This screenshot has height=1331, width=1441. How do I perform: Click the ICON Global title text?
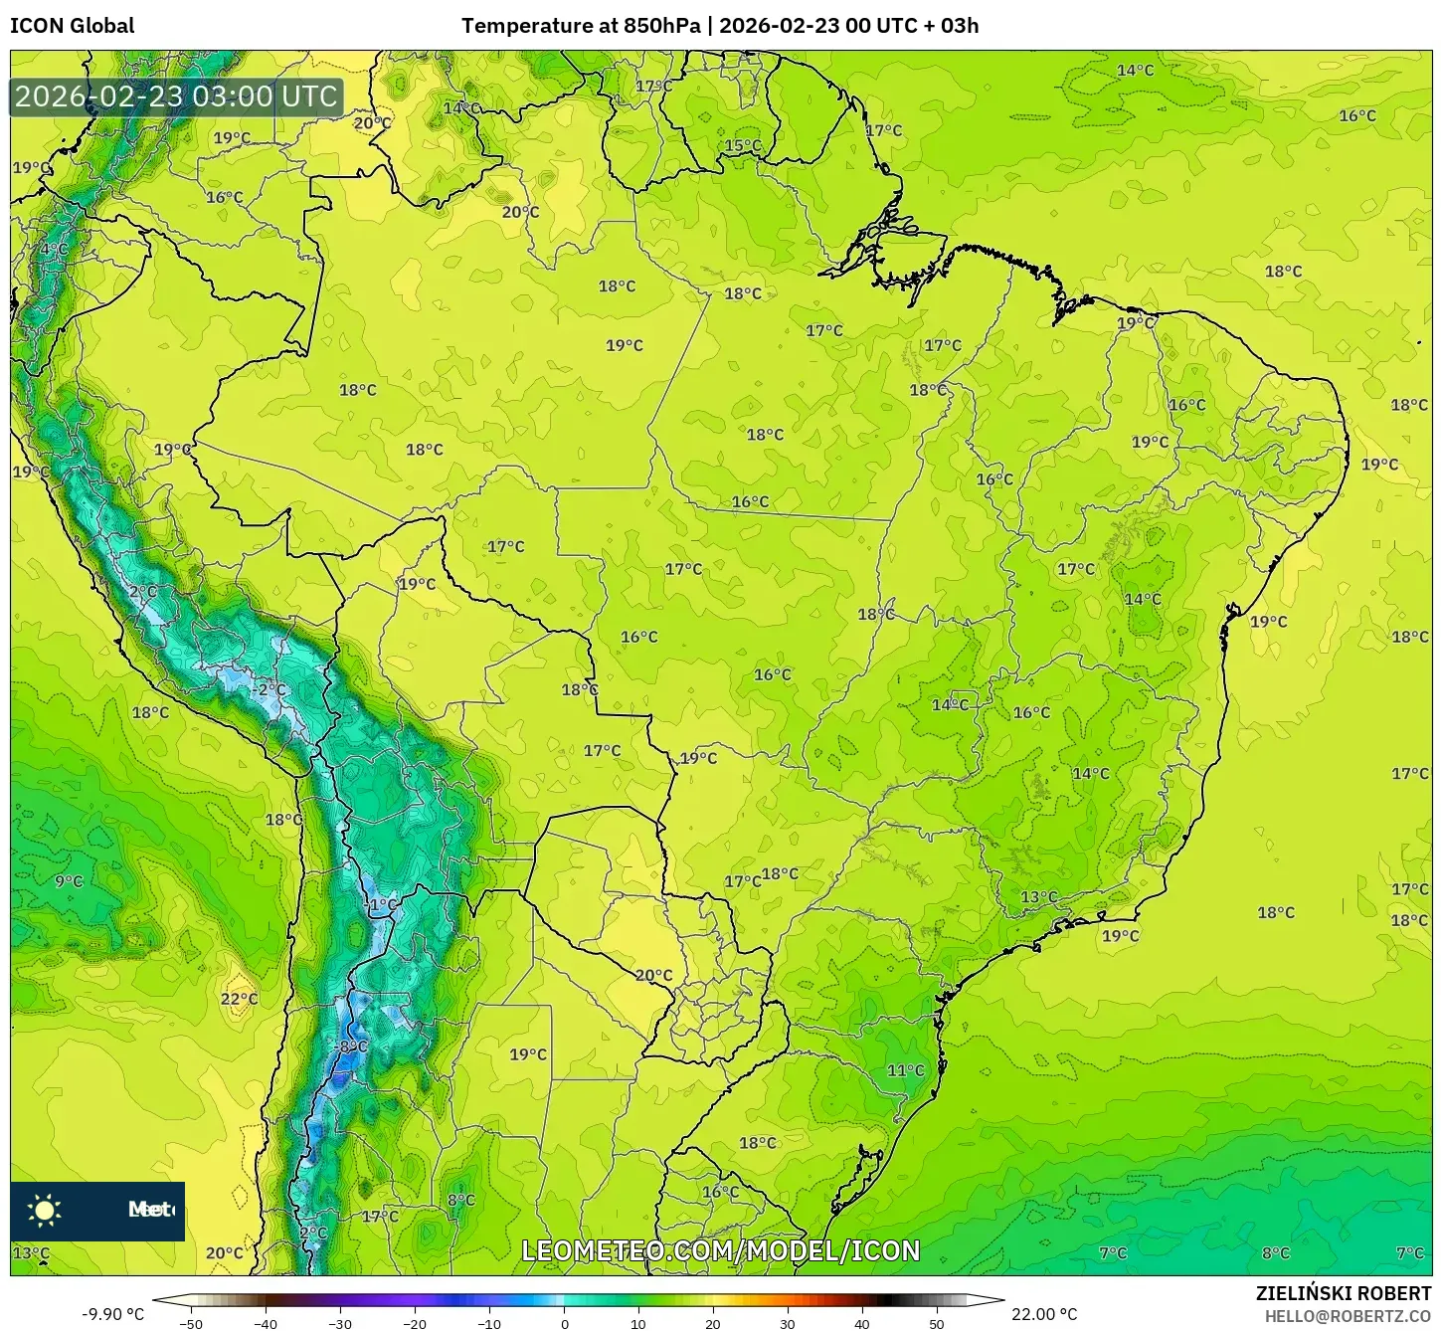[x=73, y=26]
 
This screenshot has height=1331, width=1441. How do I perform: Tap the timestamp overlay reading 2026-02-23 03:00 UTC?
[x=176, y=96]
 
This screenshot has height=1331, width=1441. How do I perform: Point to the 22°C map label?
[x=239, y=999]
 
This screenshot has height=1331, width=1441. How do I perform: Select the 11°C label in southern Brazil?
[x=905, y=1070]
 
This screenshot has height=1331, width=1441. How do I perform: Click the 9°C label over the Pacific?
[x=69, y=881]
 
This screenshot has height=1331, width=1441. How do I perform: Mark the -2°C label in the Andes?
[x=268, y=689]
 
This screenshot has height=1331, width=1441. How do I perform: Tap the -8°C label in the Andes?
[x=352, y=1046]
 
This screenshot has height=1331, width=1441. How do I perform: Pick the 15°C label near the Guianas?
[x=742, y=145]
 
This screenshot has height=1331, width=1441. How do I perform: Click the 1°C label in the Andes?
[x=382, y=905]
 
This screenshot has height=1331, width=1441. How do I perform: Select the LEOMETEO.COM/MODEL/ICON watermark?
[x=721, y=1250]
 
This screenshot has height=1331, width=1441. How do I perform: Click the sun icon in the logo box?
[x=45, y=1210]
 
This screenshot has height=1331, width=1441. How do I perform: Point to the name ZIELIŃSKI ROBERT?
[x=1344, y=1293]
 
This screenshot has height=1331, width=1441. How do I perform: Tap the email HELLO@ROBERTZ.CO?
[x=1348, y=1316]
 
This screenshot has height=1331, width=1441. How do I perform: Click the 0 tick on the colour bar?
[x=564, y=1324]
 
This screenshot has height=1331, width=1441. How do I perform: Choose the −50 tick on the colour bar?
[x=190, y=1324]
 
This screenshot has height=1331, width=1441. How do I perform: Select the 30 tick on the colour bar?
[x=788, y=1324]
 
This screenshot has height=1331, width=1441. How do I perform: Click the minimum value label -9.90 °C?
[x=112, y=1314]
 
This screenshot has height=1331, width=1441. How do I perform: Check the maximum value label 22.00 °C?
[x=1044, y=1314]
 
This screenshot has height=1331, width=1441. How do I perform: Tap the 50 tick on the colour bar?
[x=937, y=1324]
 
